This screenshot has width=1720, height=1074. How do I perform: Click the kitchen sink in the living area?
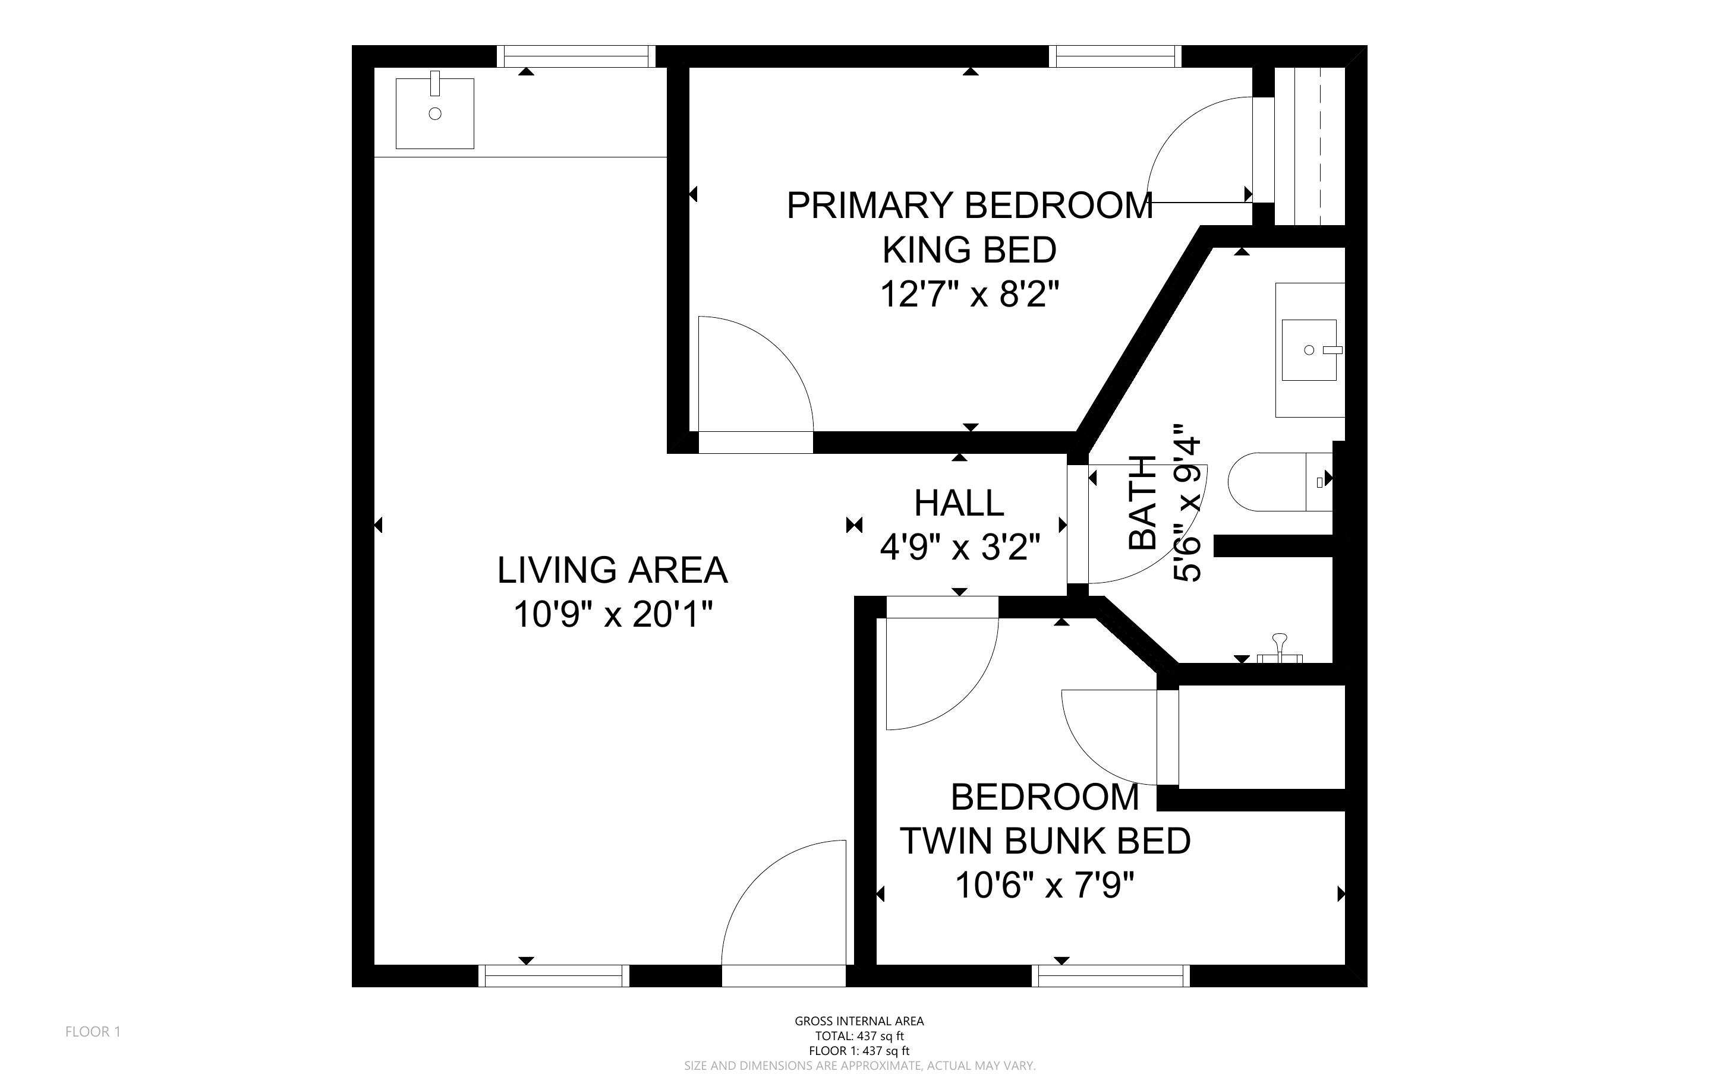click(435, 113)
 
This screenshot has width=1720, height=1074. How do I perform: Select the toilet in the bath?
click(1279, 482)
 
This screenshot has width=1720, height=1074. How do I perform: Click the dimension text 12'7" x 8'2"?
click(970, 294)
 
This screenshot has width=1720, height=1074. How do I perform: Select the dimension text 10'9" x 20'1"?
click(612, 614)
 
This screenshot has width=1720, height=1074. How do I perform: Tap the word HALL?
click(959, 504)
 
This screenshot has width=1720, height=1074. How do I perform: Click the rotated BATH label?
click(1143, 503)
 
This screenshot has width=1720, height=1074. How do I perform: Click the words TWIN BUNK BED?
click(1045, 841)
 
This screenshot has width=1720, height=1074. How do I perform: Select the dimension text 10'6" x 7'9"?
click(1044, 886)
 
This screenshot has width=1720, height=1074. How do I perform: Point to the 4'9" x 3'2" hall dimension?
click(960, 548)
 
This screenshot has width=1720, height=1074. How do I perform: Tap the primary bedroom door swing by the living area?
click(753, 377)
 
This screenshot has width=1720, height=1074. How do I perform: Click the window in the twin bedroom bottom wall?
click(1110, 976)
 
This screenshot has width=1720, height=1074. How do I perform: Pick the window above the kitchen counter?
click(575, 56)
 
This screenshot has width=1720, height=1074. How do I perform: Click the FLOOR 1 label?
click(93, 1031)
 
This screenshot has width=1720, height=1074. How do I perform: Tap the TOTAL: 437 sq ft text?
click(859, 1035)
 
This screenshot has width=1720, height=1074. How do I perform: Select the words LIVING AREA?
click(612, 570)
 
